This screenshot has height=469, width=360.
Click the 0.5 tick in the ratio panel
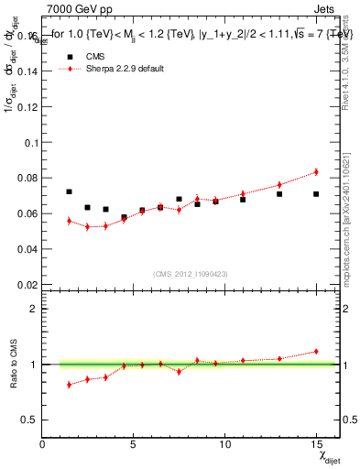[x=28, y=420]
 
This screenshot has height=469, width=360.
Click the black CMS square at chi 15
[x=316, y=194]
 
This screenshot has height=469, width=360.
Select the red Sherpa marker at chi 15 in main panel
[x=316, y=171]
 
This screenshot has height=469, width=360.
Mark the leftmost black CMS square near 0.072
[x=70, y=191]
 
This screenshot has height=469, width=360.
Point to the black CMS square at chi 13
[x=279, y=194]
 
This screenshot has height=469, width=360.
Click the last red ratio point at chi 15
[x=316, y=351]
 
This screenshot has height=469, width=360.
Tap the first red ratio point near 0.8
[x=70, y=385]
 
